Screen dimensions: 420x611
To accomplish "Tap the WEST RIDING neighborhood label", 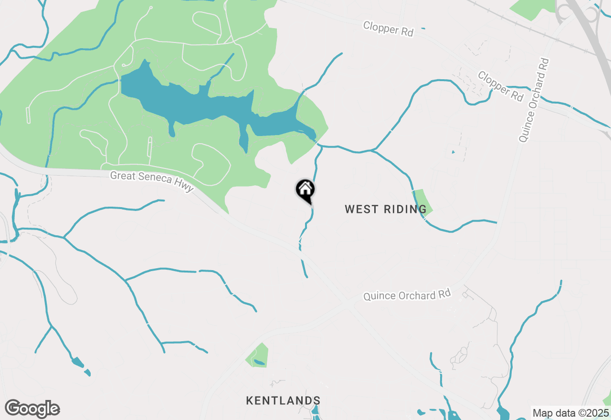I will point(386,209).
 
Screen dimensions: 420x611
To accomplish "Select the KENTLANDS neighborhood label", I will point(283,400).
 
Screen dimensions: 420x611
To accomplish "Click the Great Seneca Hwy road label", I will point(152,181).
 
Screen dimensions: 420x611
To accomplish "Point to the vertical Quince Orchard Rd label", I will point(534,100).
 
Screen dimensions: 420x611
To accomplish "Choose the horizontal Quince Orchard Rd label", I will point(407,295).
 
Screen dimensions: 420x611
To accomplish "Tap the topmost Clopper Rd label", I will point(388,28).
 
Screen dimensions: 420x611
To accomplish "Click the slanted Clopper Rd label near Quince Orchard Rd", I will point(501,86).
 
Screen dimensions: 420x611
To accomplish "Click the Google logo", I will point(32,409).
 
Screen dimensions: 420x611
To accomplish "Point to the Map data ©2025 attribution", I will point(570,413).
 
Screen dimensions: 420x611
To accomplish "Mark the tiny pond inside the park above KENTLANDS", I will point(259,362).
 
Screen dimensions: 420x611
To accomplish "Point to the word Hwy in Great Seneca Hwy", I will point(185,187).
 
